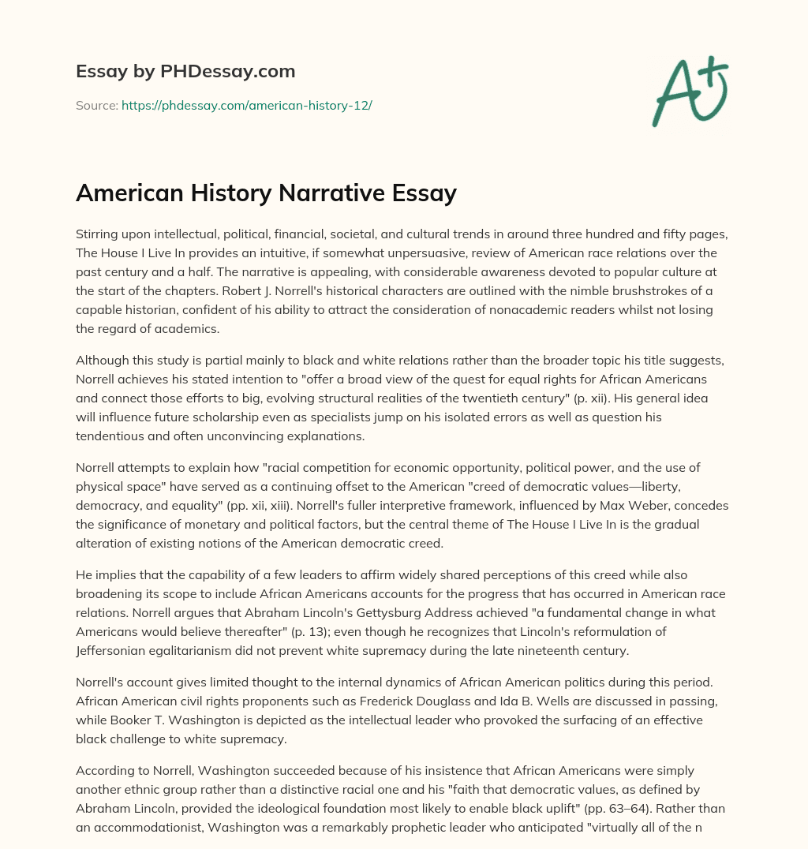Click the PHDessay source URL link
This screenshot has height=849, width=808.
pyautogui.click(x=246, y=105)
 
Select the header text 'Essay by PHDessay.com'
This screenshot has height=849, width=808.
pyautogui.click(x=185, y=72)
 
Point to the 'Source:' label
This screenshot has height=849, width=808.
pyautogui.click(x=96, y=105)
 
